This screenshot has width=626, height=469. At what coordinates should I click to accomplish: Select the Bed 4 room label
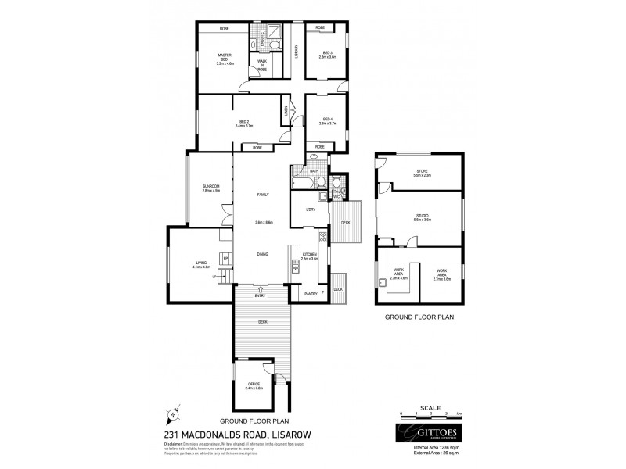click(x=327, y=121)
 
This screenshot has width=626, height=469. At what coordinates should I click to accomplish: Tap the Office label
click(x=254, y=385)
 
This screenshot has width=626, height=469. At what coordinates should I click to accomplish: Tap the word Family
click(x=263, y=194)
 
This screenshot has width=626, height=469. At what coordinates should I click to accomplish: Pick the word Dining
click(x=263, y=254)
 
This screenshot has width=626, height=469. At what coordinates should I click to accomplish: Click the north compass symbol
click(x=176, y=415)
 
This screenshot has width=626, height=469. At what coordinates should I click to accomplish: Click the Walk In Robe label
click(x=262, y=64)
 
